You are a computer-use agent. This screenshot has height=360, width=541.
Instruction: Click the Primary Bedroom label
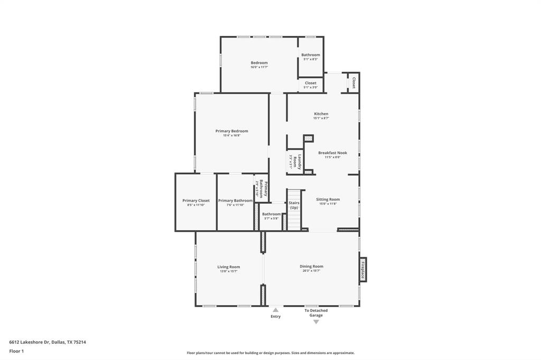[231, 131]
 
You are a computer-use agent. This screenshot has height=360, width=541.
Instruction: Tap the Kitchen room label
[321, 114]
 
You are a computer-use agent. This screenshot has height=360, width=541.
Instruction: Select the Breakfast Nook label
[332, 153]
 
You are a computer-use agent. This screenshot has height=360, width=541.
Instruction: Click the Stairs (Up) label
[294, 205]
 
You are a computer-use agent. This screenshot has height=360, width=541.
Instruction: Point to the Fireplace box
[363, 270]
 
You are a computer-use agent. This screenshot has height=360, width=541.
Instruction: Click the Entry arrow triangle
[275, 310]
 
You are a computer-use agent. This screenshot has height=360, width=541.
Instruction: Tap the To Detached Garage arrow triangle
[316, 321]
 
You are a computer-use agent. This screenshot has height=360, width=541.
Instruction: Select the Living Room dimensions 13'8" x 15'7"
[228, 271]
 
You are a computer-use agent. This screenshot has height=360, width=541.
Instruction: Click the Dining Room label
[311, 267]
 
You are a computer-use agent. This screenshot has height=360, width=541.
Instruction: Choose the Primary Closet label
[196, 201]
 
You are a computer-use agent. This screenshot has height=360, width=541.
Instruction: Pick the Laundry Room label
[299, 161]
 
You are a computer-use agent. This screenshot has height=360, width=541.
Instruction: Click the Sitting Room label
[328, 200]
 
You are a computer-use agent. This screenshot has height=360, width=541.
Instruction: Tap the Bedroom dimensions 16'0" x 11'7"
[259, 67]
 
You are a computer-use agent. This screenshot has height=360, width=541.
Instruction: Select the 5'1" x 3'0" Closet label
[311, 83]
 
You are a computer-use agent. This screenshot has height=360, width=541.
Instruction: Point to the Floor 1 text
[16, 351]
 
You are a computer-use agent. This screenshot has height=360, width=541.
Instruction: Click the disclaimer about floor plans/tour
[270, 353]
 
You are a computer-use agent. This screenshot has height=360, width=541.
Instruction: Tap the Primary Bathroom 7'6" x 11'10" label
[235, 201]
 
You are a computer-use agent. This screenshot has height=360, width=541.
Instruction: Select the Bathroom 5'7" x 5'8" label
[272, 214]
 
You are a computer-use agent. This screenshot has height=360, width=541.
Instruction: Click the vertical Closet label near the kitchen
[353, 83]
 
